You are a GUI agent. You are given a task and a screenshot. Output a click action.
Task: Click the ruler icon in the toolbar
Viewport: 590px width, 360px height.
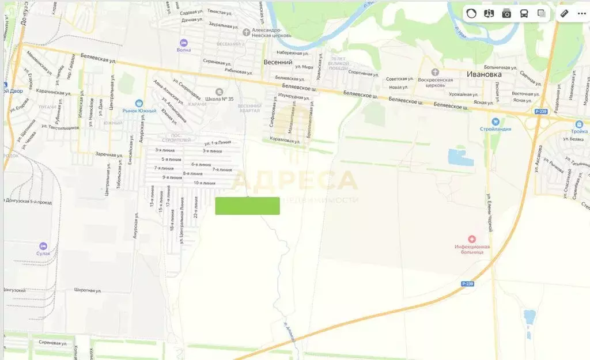tap(564, 14)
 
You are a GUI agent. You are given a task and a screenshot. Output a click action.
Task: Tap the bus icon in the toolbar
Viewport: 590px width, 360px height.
tap(524, 14)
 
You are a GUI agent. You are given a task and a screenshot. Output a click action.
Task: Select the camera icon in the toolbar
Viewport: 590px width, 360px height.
tap(506, 14)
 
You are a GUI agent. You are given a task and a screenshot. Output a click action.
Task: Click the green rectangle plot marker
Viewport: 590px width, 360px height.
tap(247, 206)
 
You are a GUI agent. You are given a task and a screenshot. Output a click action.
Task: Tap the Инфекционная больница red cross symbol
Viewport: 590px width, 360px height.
tap(472, 238)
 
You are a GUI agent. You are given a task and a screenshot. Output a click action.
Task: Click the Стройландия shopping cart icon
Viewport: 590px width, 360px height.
tap(495, 122)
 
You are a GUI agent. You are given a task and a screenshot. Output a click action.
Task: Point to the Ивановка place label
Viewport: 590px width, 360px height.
tap(484, 74)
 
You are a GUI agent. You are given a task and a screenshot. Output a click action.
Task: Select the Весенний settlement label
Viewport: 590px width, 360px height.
tap(278, 62)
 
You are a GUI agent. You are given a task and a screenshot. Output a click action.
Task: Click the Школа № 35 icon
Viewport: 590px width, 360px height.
tap(219, 92)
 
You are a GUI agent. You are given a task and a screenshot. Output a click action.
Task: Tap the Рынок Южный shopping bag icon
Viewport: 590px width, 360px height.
tap(139, 103)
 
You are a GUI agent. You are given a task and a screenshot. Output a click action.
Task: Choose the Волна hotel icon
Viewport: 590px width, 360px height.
tap(184, 43)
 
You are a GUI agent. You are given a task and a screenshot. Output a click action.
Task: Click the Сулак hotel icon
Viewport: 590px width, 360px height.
tap(43, 245)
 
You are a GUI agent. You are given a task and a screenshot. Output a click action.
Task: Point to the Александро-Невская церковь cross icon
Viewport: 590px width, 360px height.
tap(247, 32)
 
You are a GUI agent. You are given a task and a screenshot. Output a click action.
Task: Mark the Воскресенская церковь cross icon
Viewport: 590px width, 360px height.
tap(435, 72)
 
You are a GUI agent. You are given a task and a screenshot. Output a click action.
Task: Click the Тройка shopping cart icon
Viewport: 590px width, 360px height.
tap(578, 123)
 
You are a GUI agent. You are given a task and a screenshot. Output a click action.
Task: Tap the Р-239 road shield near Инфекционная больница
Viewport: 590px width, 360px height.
tap(468, 284)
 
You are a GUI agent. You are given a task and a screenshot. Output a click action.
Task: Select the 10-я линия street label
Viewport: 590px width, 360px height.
tap(205, 183)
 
